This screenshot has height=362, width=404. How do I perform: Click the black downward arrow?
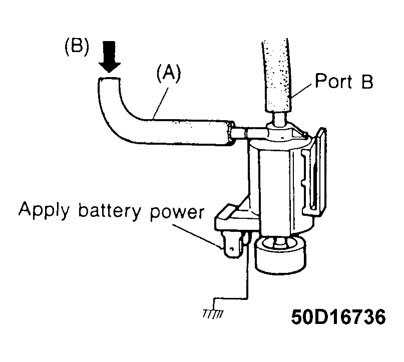[x=109, y=57]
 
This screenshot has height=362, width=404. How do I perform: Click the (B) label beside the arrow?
[x=77, y=47]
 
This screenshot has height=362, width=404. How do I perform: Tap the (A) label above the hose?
[x=169, y=74]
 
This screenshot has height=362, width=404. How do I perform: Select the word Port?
[x=334, y=81]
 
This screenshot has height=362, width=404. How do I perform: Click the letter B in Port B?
[x=367, y=81]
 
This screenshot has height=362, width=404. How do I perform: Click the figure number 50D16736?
[x=338, y=316]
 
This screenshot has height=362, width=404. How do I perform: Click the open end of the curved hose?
[x=109, y=79]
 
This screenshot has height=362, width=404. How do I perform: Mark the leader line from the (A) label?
[x=161, y=103]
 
